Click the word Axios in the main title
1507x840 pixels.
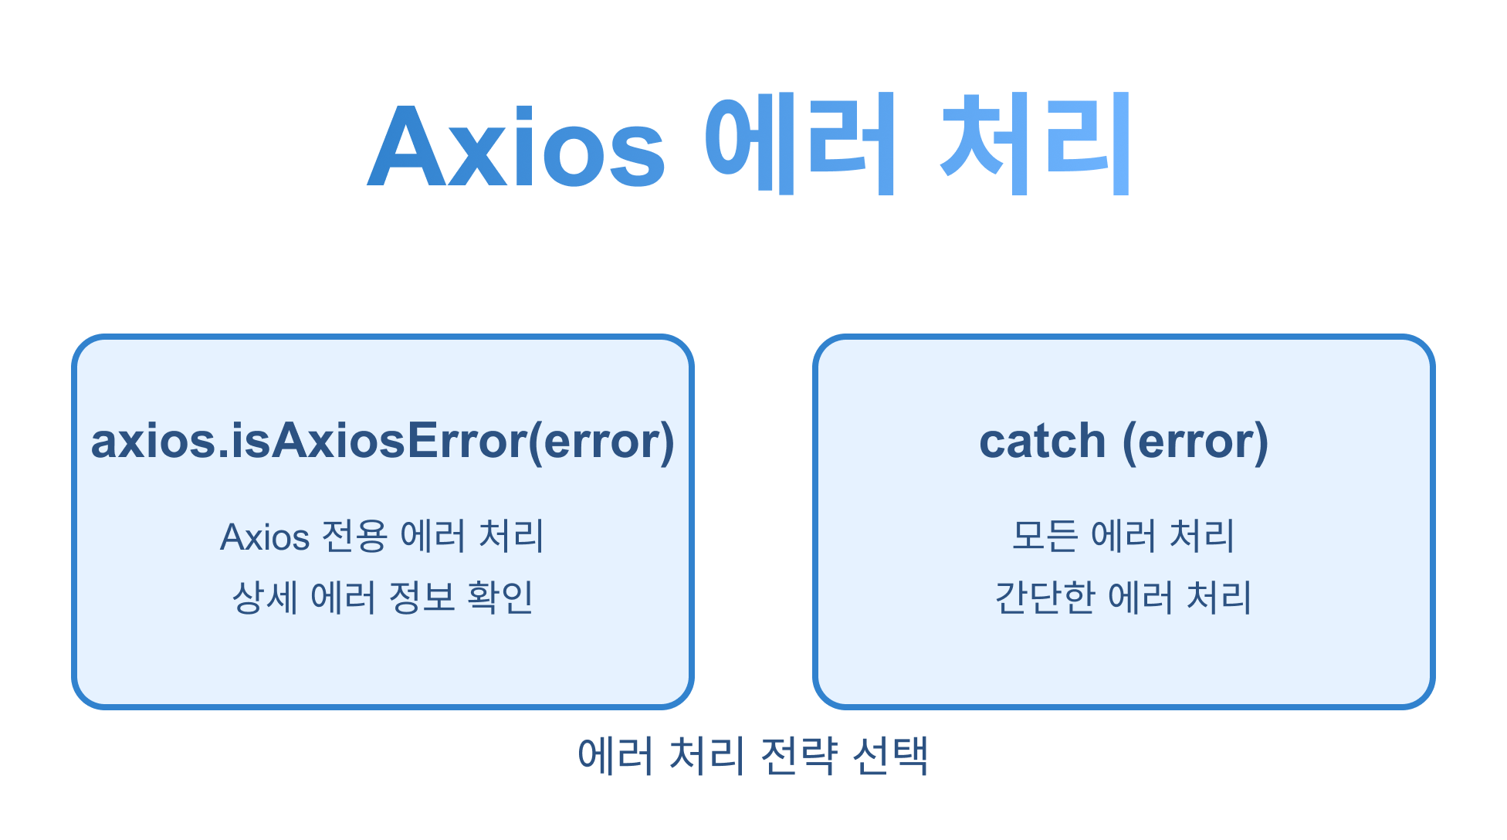click(516, 147)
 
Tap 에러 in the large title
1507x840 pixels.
click(800, 144)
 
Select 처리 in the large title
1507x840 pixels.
click(1035, 144)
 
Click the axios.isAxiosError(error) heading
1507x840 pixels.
click(383, 441)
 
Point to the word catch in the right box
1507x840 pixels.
click(1042, 441)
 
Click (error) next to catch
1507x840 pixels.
click(1195, 441)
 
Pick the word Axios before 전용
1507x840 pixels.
click(265, 537)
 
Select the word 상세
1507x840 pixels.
click(264, 598)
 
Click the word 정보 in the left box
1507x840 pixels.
click(422, 598)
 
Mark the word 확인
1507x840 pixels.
click(500, 598)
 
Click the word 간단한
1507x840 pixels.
click(1045, 598)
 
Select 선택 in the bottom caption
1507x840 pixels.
click(889, 756)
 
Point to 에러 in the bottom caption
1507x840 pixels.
click(615, 756)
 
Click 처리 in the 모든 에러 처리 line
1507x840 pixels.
click(1202, 536)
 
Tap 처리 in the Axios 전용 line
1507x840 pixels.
click(511, 537)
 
